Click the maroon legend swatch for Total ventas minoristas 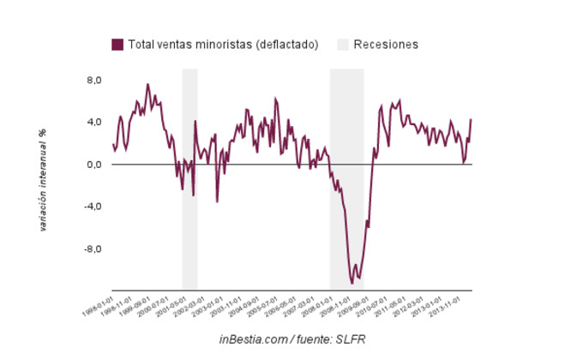(117, 44)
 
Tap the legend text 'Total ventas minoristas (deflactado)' (223, 44)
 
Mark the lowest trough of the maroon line (352, 282)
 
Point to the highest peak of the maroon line (147, 84)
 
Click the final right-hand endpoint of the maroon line (471, 119)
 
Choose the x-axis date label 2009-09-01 (354, 307)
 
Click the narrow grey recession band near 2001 (189, 180)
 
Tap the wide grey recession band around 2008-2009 (346, 180)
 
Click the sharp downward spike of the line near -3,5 (217, 201)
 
